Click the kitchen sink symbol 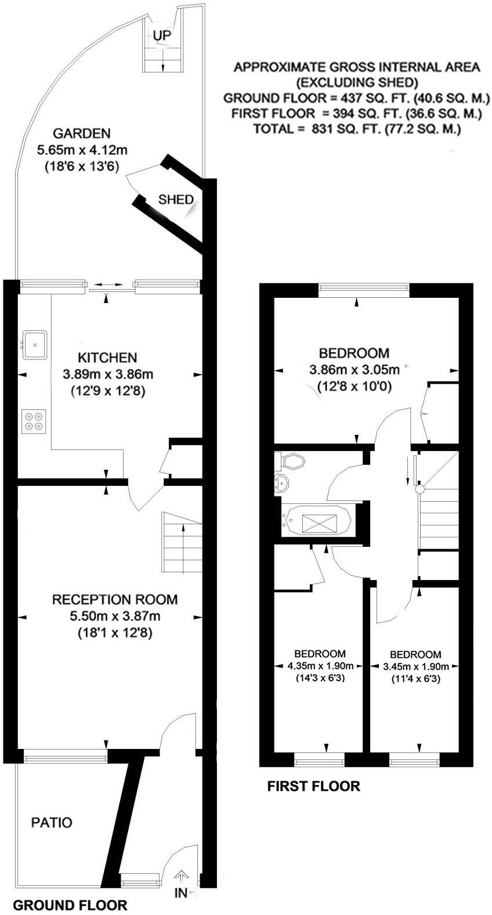coord(35,345)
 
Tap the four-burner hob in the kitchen coord(34,421)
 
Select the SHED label coord(176,200)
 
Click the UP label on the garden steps coord(162,36)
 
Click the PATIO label coord(52,823)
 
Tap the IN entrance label coord(181,893)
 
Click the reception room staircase coord(182,543)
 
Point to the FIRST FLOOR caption coord(313,786)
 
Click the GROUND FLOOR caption coord(70,905)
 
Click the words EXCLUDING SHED coord(357,82)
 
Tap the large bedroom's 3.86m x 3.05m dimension coord(354,369)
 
